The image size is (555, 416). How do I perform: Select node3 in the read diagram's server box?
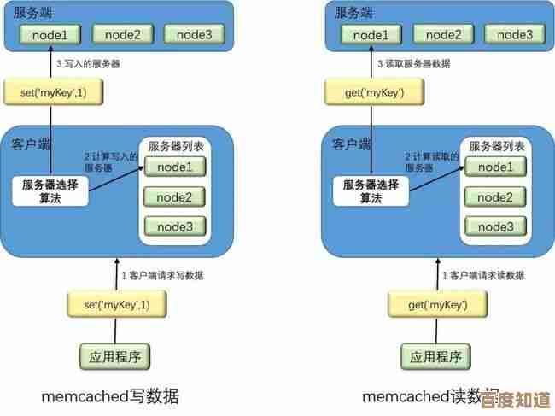click(x=514, y=35)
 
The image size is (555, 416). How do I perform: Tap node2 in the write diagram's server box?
click(x=123, y=35)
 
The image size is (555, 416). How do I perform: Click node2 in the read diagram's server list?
click(x=495, y=197)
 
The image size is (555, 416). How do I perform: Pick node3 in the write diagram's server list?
click(x=175, y=226)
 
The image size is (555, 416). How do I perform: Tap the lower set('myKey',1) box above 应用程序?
click(x=116, y=304)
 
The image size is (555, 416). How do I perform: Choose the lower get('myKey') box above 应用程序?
click(x=437, y=304)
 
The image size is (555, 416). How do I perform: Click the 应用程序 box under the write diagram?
click(x=116, y=355)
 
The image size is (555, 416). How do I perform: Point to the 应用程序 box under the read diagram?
click(x=437, y=355)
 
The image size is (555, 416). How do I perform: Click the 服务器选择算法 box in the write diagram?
click(x=51, y=190)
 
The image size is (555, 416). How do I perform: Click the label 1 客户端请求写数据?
click(x=162, y=275)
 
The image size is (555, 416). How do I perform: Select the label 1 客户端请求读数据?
click(x=483, y=275)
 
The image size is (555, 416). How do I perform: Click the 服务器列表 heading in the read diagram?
click(x=494, y=146)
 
